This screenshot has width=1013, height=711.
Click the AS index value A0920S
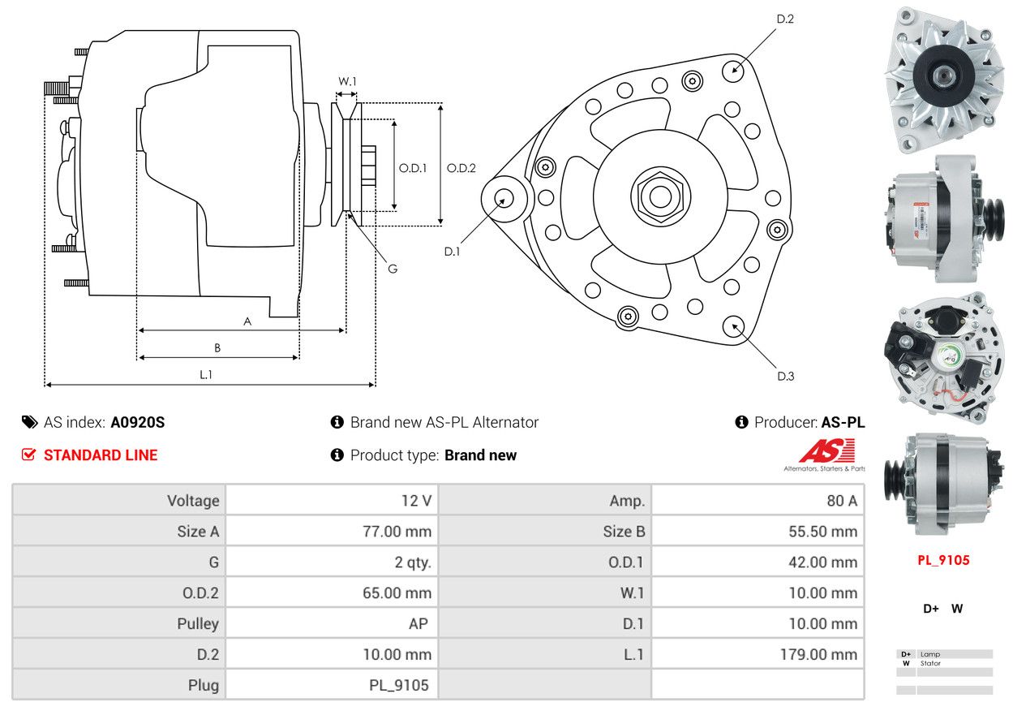[138, 422]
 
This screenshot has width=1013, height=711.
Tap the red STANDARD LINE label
[101, 455]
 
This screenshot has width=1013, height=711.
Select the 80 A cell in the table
[841, 501]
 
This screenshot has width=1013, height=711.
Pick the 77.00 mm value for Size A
[397, 532]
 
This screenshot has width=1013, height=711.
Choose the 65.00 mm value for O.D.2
[397, 593]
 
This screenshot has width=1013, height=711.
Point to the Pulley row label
[198, 623]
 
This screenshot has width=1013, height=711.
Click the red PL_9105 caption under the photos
[943, 560]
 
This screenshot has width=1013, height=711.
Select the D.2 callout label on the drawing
[784, 19]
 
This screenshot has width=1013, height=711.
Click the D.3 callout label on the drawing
[785, 376]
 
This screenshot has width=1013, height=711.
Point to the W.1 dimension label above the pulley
[347, 81]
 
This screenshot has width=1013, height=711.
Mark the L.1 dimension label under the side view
[206, 374]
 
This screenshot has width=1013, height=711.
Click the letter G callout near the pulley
[393, 269]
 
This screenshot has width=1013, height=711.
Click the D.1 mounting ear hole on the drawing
[504, 198]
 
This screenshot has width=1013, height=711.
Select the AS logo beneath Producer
[826, 452]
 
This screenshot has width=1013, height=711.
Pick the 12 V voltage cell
[416, 501]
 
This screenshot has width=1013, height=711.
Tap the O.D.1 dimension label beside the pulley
[413, 169]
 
